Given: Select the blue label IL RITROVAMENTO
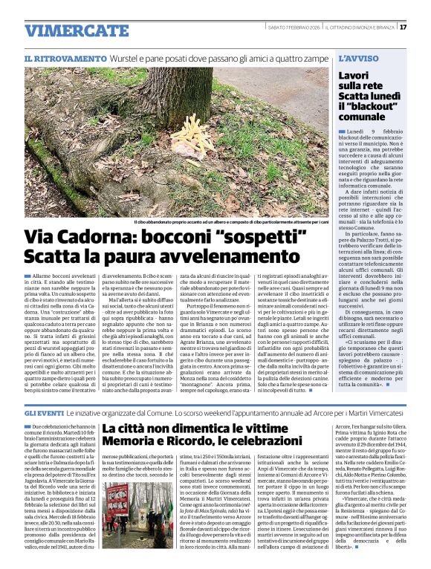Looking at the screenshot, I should (65, 58).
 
